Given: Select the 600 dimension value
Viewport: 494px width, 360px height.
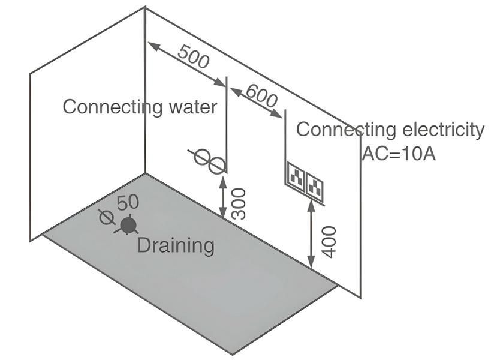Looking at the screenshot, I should [x=261, y=96].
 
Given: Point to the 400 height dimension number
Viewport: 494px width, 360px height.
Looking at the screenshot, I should [x=329, y=241].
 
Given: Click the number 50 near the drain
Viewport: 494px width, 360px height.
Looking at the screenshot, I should [x=128, y=203].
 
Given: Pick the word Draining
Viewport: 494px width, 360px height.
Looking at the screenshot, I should [x=175, y=245].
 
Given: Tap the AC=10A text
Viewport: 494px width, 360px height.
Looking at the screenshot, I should [x=398, y=153].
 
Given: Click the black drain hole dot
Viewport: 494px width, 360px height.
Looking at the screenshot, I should [x=128, y=226].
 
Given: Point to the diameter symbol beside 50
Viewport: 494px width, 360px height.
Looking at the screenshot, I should [x=107, y=215].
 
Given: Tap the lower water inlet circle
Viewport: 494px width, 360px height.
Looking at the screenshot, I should [x=218, y=165].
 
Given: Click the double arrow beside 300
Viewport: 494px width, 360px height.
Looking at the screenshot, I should [x=223, y=193].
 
